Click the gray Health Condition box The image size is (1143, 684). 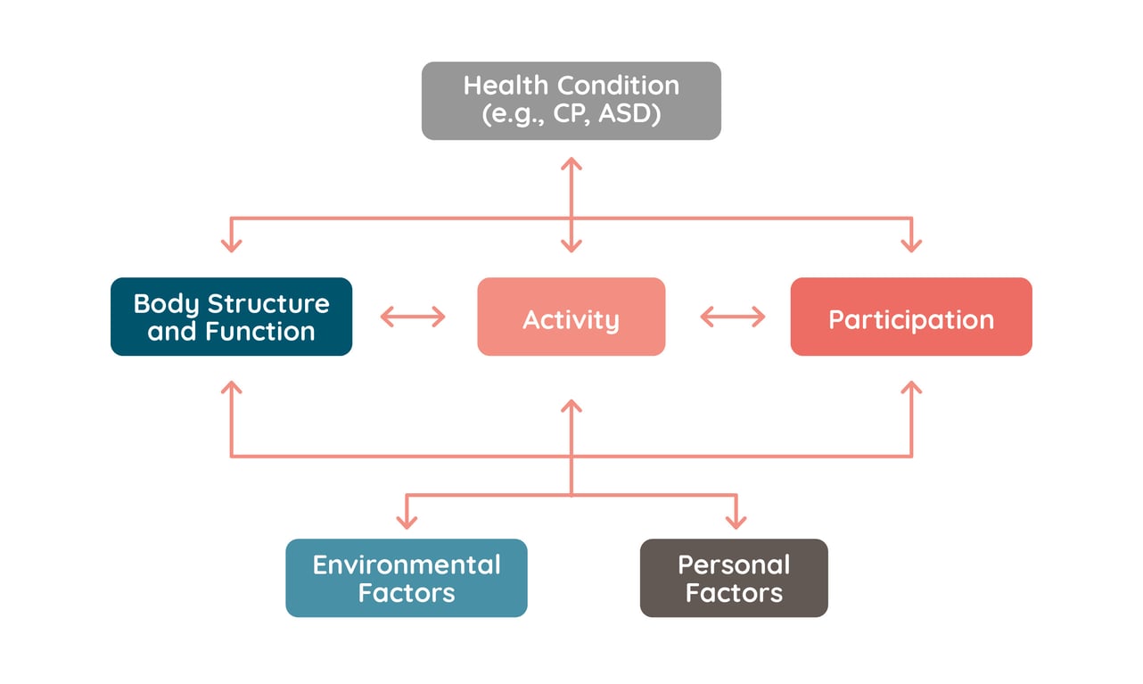point(571,100)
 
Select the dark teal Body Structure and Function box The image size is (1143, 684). point(231,317)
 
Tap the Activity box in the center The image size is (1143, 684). point(571,317)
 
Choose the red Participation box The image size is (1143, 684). point(910,317)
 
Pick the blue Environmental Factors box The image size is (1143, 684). point(406,578)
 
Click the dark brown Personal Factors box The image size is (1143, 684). point(734,578)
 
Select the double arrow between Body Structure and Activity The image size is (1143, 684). point(413,317)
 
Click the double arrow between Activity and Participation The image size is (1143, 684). point(733,317)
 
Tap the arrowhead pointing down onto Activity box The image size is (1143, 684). point(571,246)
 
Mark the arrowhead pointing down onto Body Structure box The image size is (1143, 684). point(231,246)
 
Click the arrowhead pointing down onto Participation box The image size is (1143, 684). point(910,246)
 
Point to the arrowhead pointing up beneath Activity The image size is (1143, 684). point(571,406)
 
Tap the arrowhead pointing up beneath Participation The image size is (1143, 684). point(910,388)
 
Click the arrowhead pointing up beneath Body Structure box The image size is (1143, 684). point(231,388)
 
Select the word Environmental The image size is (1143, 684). point(406,565)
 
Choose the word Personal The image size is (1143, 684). point(734,565)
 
